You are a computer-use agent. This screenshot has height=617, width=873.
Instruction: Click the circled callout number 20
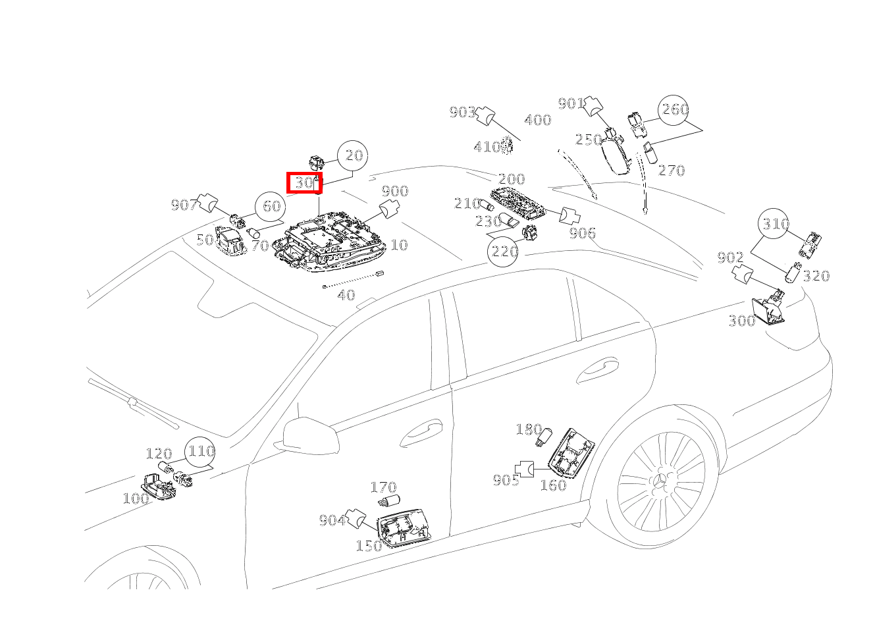(x=354, y=155)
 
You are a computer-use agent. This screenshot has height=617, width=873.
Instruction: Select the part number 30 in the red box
(x=304, y=182)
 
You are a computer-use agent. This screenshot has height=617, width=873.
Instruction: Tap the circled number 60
(x=271, y=206)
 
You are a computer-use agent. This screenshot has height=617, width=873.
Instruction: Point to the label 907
(x=184, y=205)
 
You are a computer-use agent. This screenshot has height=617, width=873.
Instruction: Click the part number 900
(x=394, y=191)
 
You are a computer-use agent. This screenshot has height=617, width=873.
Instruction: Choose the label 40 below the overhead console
(x=346, y=295)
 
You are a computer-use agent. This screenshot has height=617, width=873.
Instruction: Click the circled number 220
(x=504, y=251)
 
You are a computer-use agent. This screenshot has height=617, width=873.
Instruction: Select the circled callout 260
(x=674, y=110)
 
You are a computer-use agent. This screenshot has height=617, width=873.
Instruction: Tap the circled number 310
(x=775, y=224)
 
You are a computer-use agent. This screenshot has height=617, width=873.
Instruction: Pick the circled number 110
(x=201, y=452)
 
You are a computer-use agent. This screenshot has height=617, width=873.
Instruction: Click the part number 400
(x=537, y=121)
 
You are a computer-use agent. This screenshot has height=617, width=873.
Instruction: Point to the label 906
(x=582, y=232)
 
